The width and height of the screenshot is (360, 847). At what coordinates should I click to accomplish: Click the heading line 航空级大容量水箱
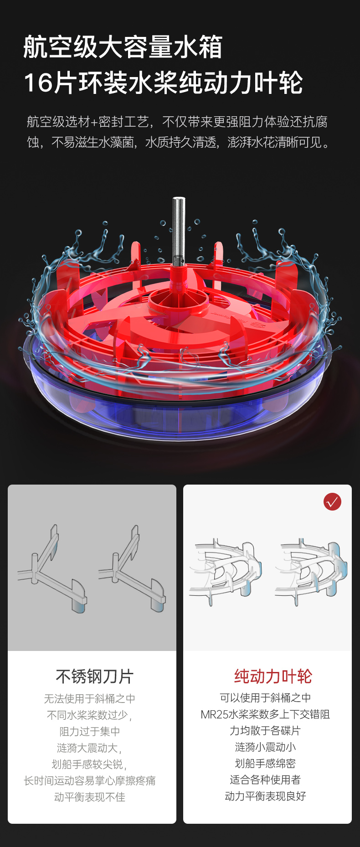123,47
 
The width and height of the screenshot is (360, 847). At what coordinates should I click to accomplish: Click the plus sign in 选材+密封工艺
94,122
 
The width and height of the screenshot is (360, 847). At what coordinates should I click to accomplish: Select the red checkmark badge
332,501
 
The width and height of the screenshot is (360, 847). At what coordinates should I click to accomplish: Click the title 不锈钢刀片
94,676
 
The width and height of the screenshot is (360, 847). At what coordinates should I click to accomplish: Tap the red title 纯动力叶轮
273,676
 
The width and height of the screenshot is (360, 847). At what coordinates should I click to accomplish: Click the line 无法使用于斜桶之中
89,698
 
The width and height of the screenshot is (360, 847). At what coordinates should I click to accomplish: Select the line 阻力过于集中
89,731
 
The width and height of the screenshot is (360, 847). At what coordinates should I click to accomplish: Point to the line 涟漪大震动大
89,748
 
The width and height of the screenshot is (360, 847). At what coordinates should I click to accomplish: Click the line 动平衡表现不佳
89,797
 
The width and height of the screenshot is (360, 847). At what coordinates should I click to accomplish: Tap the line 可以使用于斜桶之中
265,697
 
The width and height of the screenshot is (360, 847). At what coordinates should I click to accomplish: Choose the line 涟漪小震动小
265,747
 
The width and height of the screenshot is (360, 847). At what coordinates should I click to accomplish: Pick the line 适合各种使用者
265,780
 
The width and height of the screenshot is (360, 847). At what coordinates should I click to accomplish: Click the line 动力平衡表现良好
265,796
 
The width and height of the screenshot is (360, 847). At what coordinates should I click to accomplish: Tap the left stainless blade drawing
51,569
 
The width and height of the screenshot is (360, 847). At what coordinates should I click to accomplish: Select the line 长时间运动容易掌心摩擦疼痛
89,780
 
